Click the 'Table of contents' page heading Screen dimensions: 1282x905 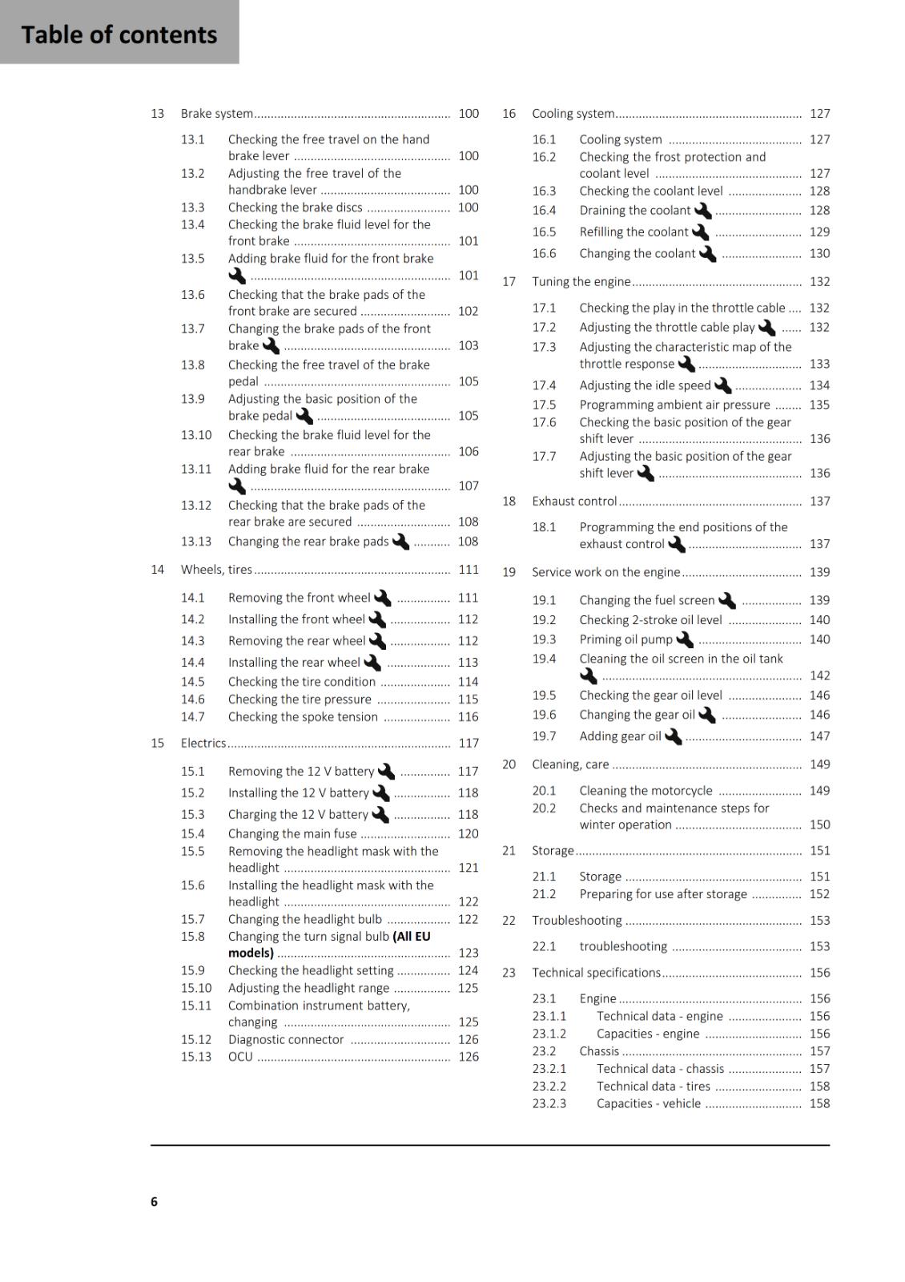(119, 34)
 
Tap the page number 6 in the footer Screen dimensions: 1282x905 (154, 1201)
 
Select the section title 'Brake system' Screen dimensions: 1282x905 (217, 114)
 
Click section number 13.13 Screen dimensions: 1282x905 (196, 542)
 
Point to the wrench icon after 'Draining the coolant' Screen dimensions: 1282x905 (703, 211)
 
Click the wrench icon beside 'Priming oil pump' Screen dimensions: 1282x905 (685, 639)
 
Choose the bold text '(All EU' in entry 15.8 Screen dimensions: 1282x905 (412, 936)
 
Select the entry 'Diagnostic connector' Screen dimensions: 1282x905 (286, 1039)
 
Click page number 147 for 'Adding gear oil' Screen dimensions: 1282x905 (819, 736)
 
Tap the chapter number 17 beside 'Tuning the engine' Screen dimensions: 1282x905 (509, 281)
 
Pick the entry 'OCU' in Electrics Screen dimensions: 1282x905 (240, 1056)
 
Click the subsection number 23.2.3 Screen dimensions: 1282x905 (549, 1103)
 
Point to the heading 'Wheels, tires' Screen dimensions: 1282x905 (216, 570)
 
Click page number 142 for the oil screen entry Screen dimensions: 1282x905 (819, 675)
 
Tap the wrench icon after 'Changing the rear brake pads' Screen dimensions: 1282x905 (401, 542)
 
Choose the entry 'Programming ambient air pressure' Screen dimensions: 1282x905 (674, 405)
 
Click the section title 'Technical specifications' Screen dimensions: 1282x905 (596, 973)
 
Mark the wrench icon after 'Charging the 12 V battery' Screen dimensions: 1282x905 (381, 814)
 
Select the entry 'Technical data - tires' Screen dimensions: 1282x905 (654, 1086)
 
